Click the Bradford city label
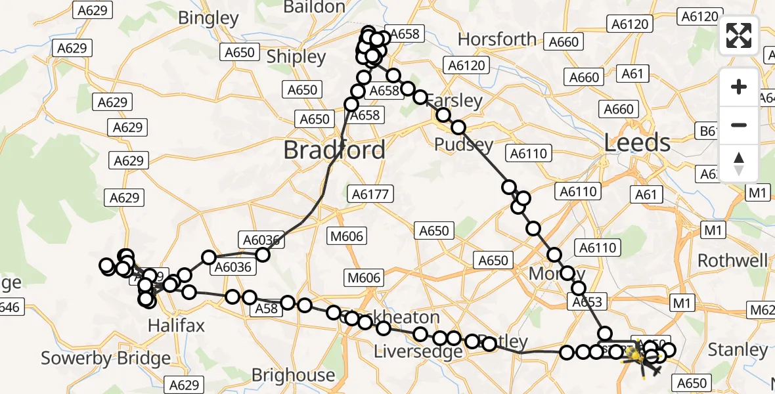[x=334, y=150]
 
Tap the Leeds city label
[x=636, y=142]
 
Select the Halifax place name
[x=176, y=325]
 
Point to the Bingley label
[x=208, y=18]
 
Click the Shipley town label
[x=297, y=57]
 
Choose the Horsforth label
[x=497, y=39]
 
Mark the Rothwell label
[x=732, y=261]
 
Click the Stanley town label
[x=738, y=350]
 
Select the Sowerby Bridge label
[x=105, y=359]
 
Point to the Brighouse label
[x=293, y=375]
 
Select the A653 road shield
[x=587, y=302]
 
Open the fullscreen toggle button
[x=739, y=35]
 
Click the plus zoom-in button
[x=739, y=87]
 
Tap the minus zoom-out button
[x=739, y=125]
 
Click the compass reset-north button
[x=739, y=163]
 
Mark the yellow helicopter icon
[x=634, y=356]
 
